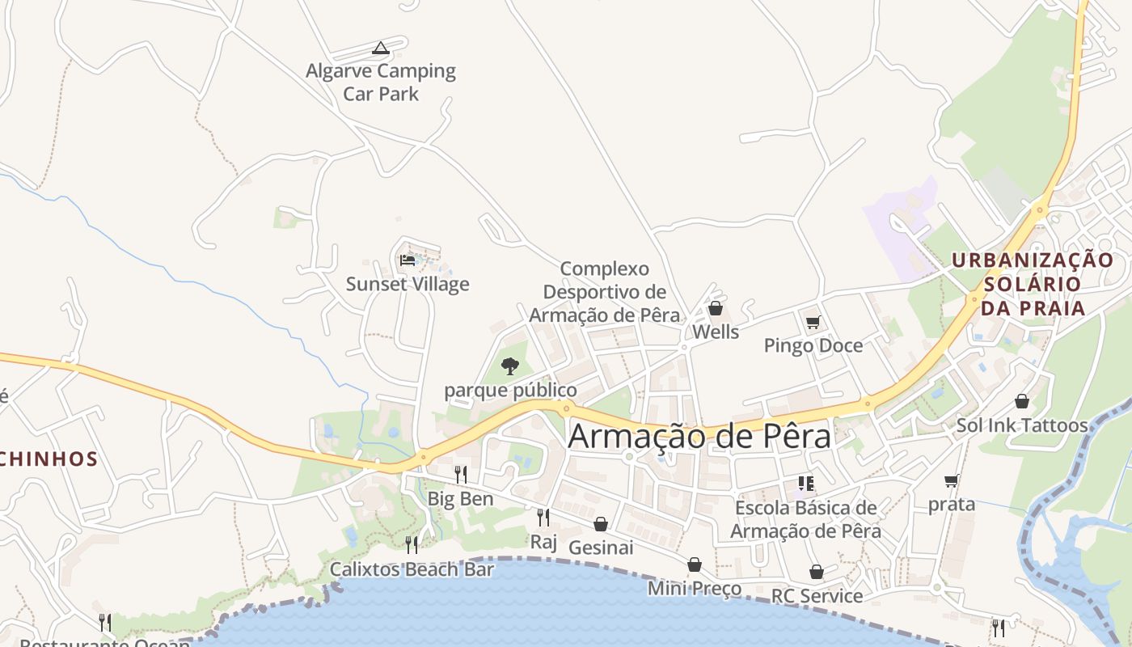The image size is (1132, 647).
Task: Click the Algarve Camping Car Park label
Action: (381, 82)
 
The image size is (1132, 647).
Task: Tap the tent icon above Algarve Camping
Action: (381, 49)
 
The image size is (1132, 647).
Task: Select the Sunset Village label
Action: (408, 284)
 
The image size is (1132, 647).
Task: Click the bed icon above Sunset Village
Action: (408, 260)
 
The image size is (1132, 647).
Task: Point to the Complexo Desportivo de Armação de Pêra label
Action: (605, 291)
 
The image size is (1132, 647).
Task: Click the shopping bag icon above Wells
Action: (715, 308)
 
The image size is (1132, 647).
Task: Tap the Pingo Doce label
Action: (813, 345)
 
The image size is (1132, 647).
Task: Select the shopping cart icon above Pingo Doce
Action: (813, 323)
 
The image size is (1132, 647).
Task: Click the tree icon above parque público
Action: (510, 366)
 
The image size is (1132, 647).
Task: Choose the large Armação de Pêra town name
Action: (699, 436)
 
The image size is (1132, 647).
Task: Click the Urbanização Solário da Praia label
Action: (1032, 284)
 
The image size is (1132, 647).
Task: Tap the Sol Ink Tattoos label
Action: (1022, 425)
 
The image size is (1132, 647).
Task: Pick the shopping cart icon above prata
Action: (952, 481)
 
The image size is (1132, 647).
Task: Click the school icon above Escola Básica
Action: (805, 484)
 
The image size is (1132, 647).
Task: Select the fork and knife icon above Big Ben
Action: (460, 475)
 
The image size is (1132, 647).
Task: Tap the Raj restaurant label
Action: (543, 541)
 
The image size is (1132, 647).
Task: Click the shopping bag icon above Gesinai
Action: (601, 524)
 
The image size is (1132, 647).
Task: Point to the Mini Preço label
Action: (695, 588)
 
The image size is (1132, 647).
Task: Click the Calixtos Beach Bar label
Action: (412, 569)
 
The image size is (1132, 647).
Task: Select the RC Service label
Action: (817, 596)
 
